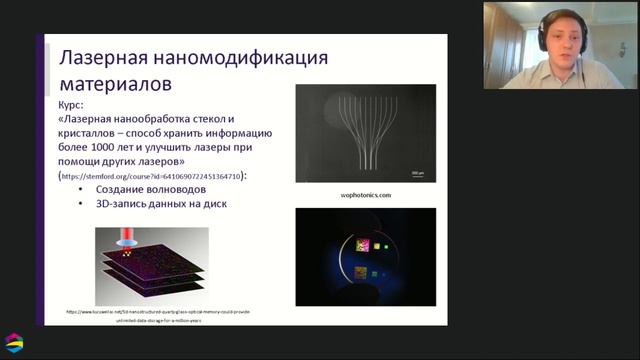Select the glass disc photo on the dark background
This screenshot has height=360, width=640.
click(x=365, y=257)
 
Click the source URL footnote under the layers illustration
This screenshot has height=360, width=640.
click(x=158, y=316)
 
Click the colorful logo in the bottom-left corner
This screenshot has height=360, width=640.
click(x=14, y=343)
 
